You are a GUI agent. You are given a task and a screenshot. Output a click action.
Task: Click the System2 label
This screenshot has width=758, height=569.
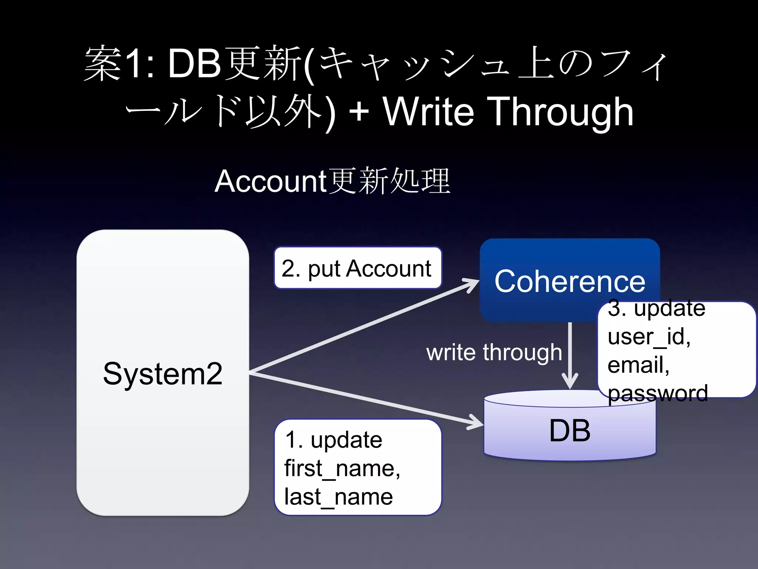coord(162,374)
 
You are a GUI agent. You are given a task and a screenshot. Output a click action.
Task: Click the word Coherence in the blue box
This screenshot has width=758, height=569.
coord(570,282)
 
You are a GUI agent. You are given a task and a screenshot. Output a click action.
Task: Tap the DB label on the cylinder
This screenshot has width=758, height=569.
coord(570,430)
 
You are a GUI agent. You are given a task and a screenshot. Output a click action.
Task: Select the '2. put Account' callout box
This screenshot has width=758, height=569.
coord(358,268)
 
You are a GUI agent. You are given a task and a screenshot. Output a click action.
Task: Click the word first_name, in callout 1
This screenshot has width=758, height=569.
coord(342,469)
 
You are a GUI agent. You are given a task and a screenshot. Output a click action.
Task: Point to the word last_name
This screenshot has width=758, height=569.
coord(338,497)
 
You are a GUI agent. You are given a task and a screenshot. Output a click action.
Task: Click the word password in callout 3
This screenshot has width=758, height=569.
coord(658,393)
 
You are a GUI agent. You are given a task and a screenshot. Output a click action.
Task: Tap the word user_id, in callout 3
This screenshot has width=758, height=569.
coord(649,337)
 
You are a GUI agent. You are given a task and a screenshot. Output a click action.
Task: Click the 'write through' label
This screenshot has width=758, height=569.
coord(494,352)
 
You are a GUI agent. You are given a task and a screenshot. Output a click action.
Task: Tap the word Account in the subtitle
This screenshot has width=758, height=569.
coord(270,181)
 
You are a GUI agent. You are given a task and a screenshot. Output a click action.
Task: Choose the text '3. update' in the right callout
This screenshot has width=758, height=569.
coord(656,308)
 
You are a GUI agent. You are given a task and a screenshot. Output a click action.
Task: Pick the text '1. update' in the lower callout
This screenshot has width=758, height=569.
coord(333,440)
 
